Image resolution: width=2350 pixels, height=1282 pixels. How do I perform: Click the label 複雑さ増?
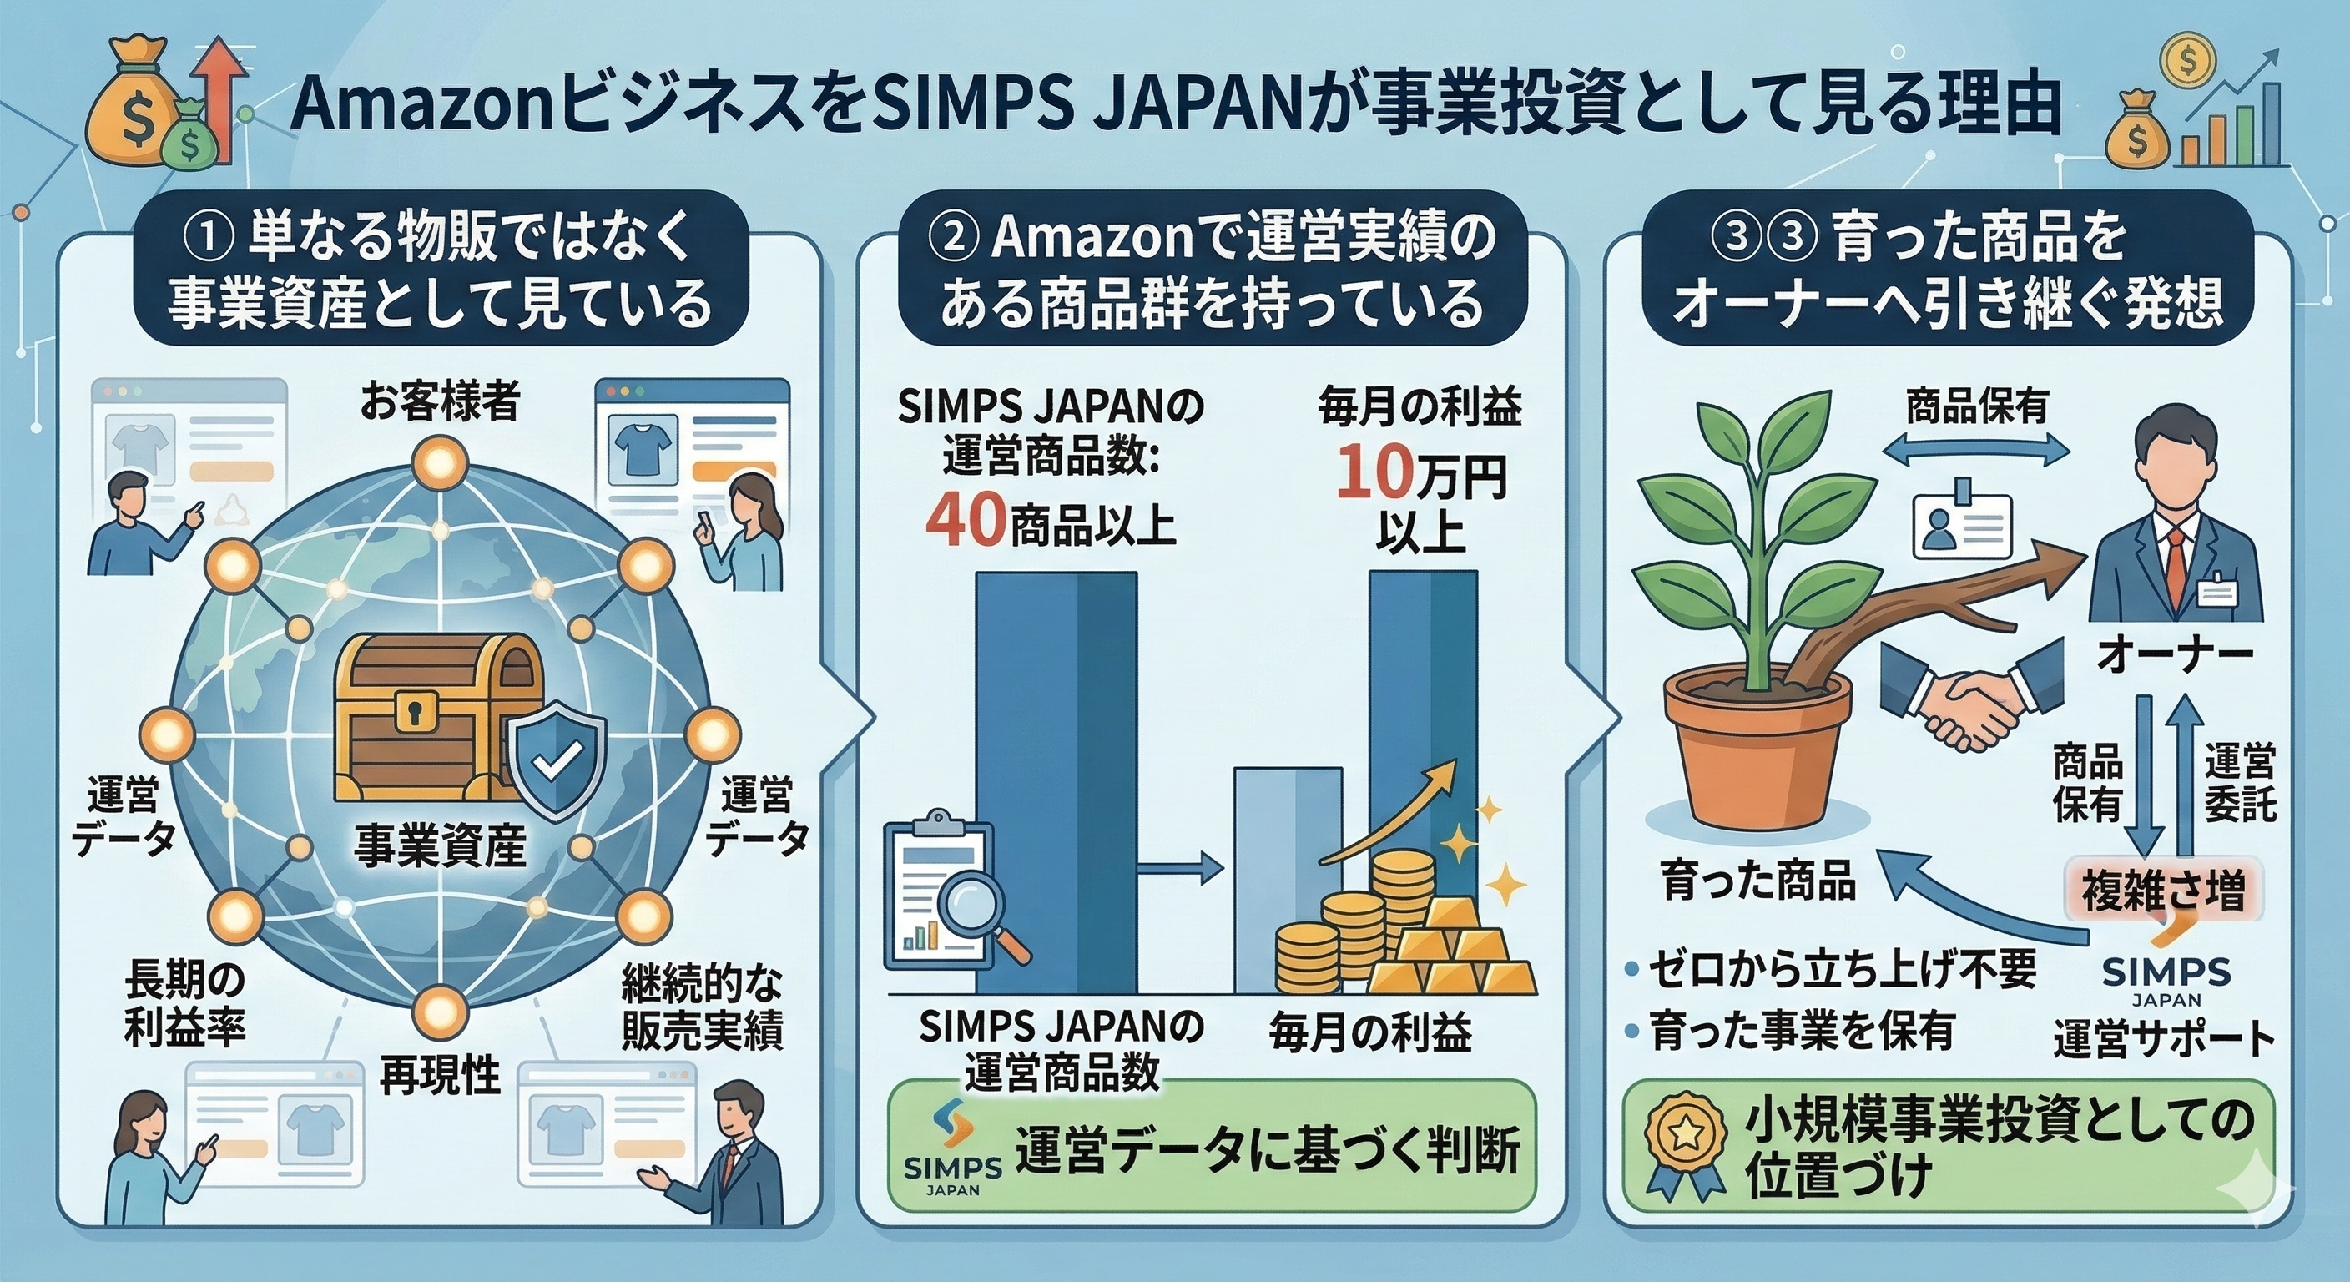(2162, 890)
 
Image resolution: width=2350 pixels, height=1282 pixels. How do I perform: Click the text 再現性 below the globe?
(440, 1074)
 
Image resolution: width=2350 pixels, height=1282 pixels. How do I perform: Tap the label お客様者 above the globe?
(440, 401)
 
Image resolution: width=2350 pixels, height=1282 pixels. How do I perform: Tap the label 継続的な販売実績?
(702, 1008)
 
